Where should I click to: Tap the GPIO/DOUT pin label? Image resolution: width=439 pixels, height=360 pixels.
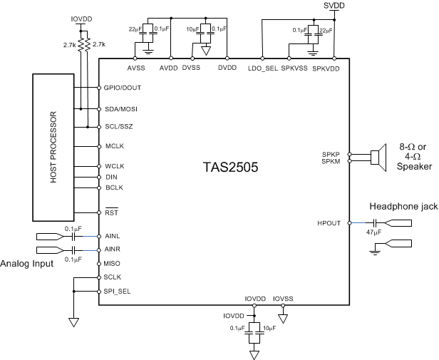coord(122,88)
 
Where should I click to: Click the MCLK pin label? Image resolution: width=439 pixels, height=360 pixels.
coord(115,146)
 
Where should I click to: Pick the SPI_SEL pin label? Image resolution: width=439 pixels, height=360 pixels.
coord(118,291)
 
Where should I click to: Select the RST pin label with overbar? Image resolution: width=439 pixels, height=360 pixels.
coord(111,212)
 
